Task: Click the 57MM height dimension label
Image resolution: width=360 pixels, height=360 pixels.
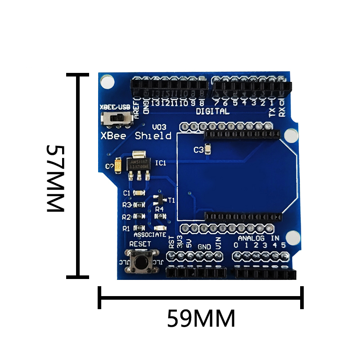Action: pyautogui.click(x=56, y=178)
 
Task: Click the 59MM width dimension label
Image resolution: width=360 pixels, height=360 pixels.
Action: pyautogui.click(x=201, y=319)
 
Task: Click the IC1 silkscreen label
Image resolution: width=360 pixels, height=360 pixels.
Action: pyautogui.click(x=161, y=163)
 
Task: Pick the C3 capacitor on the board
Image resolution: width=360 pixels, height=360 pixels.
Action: pyautogui.click(x=207, y=149)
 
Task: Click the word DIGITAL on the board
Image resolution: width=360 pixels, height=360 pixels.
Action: pyautogui.click(x=212, y=111)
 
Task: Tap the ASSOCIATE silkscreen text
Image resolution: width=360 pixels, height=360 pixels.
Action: pyautogui.click(x=150, y=235)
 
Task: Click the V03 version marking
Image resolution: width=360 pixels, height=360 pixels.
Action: pyautogui.click(x=159, y=127)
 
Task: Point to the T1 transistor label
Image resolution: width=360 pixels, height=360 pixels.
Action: pyautogui.click(x=171, y=200)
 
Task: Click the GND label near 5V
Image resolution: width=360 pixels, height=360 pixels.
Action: pyautogui.click(x=204, y=247)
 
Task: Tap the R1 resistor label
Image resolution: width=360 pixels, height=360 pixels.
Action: pyautogui.click(x=126, y=229)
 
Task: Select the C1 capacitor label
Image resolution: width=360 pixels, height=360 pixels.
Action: pyautogui.click(x=126, y=193)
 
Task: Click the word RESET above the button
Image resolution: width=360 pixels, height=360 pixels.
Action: pyautogui.click(x=140, y=243)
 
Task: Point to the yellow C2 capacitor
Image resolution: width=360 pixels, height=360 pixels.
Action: pyautogui.click(x=118, y=165)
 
